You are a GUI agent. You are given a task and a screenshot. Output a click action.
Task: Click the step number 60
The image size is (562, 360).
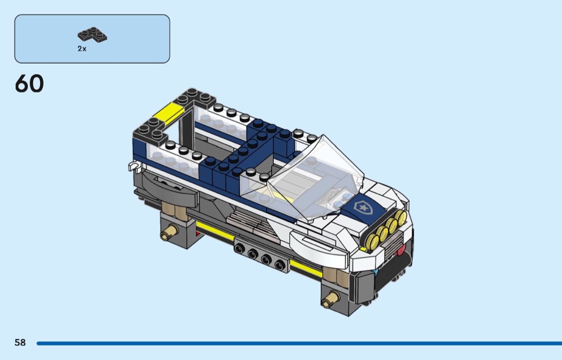(x=29, y=84)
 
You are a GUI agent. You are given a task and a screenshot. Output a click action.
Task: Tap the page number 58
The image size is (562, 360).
(x=20, y=342)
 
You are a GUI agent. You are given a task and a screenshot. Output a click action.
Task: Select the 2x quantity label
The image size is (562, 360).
(x=82, y=49)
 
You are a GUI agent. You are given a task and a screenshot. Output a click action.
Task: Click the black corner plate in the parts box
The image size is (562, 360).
(x=92, y=34)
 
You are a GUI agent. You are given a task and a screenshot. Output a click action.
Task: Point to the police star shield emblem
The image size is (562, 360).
(x=362, y=206)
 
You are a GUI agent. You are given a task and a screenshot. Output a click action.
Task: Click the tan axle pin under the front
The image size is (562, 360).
(x=330, y=300)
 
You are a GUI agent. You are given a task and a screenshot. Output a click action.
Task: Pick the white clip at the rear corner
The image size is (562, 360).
(x=135, y=166)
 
